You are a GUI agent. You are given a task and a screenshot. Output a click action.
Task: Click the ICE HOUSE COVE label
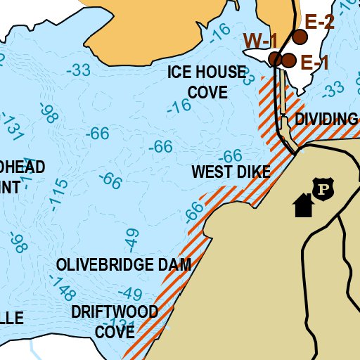[207, 82]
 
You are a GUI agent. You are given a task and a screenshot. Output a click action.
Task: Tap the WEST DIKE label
[231, 172]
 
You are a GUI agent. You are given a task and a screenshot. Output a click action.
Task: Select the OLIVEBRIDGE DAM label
[124, 264]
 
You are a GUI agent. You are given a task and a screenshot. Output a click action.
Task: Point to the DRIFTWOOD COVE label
[114, 321]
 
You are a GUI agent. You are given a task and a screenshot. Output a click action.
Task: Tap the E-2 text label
[319, 22]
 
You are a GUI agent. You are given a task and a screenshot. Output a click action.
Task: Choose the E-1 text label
[315, 63]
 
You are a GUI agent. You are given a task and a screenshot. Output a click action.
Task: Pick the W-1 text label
[260, 41]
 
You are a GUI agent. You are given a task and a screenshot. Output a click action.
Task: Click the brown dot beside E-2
[301, 37]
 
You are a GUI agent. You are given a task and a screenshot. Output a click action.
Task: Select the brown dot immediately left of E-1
[288, 60]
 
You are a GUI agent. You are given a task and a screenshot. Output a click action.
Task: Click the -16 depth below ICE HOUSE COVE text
[179, 107]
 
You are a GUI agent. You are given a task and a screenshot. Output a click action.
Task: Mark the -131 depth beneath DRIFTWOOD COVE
[122, 326]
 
